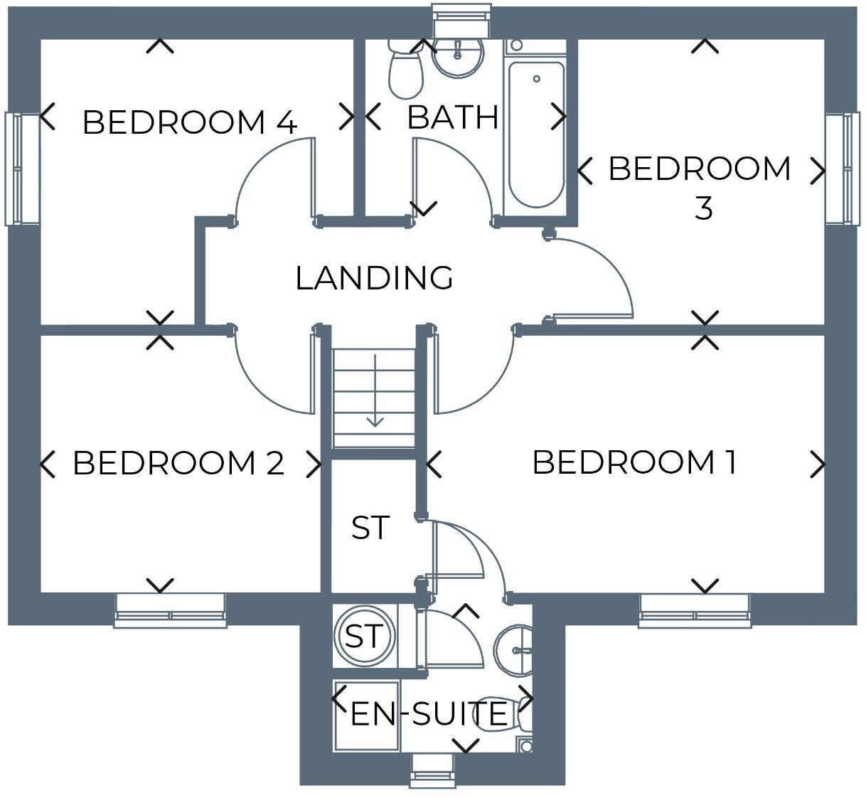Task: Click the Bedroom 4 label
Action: click(189, 122)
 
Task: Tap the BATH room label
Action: click(452, 117)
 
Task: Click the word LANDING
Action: click(374, 278)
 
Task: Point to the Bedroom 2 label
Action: click(178, 463)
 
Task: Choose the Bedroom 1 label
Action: click(634, 462)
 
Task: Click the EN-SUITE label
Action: click(429, 713)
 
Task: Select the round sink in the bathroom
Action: click(458, 54)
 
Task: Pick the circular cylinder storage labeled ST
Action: click(364, 635)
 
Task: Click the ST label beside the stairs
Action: click(370, 528)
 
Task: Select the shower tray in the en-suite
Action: click(366, 715)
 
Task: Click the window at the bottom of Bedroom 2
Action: click(170, 611)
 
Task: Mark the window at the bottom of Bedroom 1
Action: click(694, 611)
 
